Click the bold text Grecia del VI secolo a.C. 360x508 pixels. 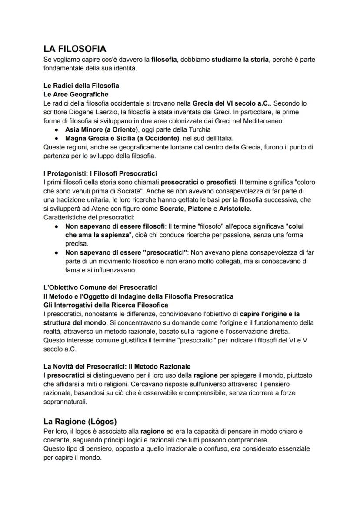[x=229, y=103]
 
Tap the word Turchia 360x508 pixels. [x=197, y=129]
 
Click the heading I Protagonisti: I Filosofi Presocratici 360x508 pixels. [x=100, y=173]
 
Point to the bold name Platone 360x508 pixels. [x=199, y=209]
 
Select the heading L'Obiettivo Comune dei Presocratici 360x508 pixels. [x=100, y=287]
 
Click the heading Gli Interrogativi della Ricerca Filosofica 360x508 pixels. [x=106, y=305]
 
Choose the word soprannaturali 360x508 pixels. [x=65, y=402]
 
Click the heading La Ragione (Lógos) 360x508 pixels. [x=80, y=422]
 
